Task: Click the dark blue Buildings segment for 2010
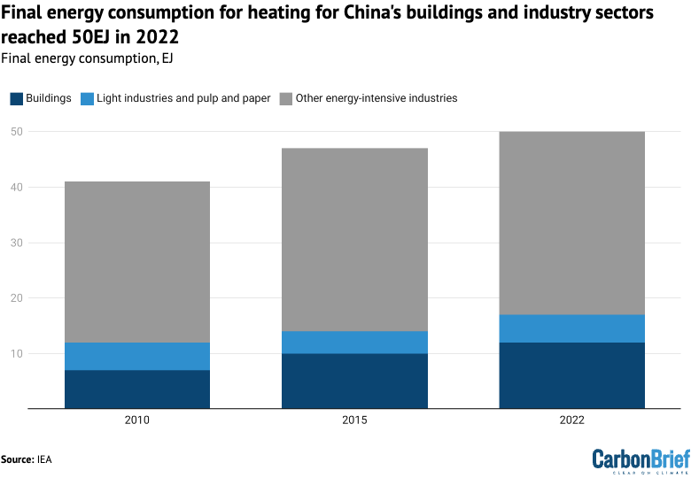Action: [x=137, y=389]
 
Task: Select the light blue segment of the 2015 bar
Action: [x=354, y=342]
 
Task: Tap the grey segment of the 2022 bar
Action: [x=571, y=222]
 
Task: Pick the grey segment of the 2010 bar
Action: [x=137, y=261]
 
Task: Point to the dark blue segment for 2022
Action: [x=571, y=375]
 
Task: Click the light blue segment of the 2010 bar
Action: [x=137, y=356]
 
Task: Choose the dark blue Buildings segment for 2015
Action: [x=354, y=381]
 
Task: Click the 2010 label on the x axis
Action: [x=137, y=421]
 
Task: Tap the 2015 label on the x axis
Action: [x=354, y=421]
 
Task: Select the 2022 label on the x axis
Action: [x=571, y=421]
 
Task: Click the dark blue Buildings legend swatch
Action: [x=16, y=98]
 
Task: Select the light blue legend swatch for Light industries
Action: [x=87, y=98]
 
